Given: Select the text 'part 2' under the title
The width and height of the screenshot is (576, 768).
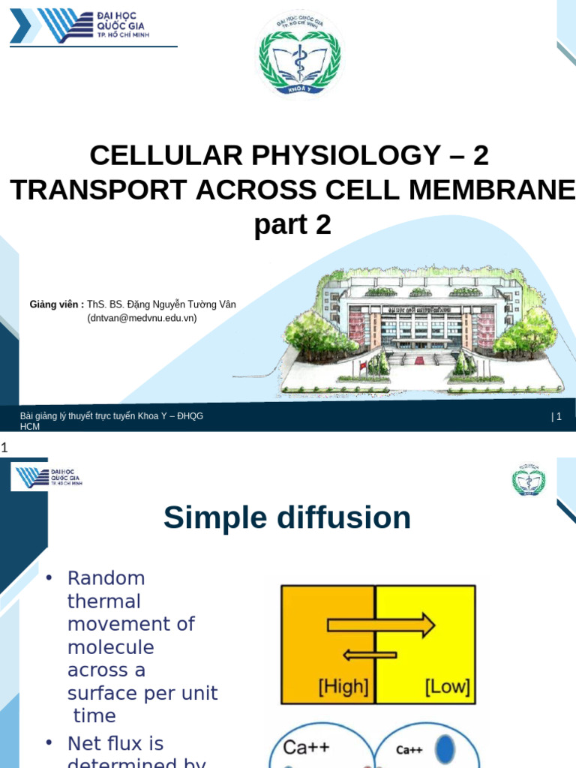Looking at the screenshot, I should pyautogui.click(x=292, y=224).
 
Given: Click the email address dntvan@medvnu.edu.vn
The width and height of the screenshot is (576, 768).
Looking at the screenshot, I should pyautogui.click(x=142, y=317).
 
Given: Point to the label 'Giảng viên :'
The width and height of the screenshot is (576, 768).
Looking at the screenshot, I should pyautogui.click(x=56, y=304).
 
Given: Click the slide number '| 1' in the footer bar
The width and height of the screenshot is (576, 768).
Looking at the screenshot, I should pyautogui.click(x=556, y=417).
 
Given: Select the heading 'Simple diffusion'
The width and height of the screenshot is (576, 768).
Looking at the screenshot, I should pyautogui.click(x=287, y=517).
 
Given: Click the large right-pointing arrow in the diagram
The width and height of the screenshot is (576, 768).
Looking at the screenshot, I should pyautogui.click(x=381, y=625).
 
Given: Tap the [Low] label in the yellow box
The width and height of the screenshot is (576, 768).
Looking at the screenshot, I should pyautogui.click(x=446, y=685).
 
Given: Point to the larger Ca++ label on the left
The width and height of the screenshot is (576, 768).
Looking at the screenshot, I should pyautogui.click(x=305, y=747).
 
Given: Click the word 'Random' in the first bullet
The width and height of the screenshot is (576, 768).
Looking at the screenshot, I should pyautogui.click(x=106, y=578).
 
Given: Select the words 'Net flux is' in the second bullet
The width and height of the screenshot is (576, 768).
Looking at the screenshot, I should pyautogui.click(x=115, y=743).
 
